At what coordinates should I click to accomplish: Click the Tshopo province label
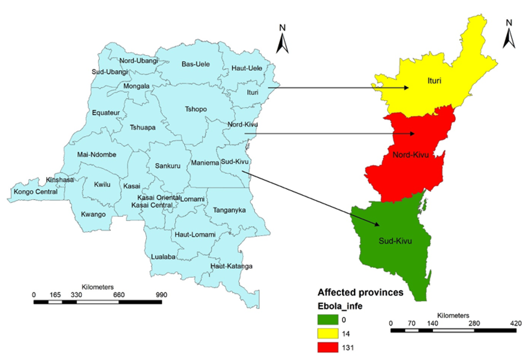click(x=195, y=109)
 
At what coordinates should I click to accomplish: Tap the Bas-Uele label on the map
click(x=195, y=64)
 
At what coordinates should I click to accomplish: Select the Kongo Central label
click(x=35, y=192)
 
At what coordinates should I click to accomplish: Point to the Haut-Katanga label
click(x=231, y=266)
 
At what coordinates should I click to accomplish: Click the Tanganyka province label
click(x=229, y=210)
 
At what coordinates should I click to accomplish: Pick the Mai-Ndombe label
click(x=97, y=154)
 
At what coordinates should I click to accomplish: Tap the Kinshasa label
click(x=60, y=180)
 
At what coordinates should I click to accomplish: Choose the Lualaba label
click(x=163, y=256)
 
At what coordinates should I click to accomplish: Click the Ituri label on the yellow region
click(x=434, y=81)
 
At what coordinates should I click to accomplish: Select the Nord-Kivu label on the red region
click(x=410, y=155)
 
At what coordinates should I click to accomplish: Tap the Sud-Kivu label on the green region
click(x=395, y=241)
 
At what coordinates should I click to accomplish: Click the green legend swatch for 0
click(x=328, y=320)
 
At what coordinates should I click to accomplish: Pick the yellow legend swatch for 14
click(x=328, y=334)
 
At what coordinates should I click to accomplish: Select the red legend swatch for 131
click(x=328, y=348)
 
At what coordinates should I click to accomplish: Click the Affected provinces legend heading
click(x=360, y=292)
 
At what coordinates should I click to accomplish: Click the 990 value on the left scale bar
click(x=161, y=295)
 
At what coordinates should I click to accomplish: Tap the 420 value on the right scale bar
click(x=516, y=323)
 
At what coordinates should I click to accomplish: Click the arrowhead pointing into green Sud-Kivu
click(x=377, y=224)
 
